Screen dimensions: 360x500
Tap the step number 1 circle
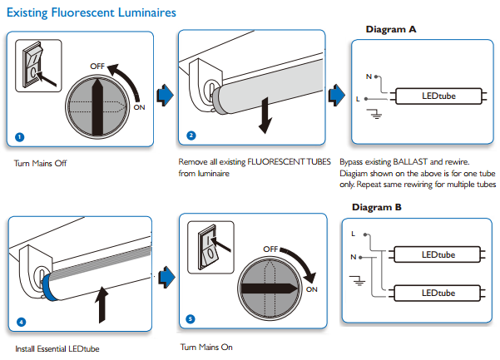(x=19, y=136)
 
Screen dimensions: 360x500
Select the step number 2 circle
(x=191, y=136)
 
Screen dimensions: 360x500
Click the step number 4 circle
(x=20, y=321)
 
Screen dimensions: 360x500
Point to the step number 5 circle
(x=191, y=319)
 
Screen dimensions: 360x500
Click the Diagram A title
(x=391, y=30)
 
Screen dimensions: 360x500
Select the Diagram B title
(x=376, y=207)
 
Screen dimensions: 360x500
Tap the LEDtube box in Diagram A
(x=438, y=97)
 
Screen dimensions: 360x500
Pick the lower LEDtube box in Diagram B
(x=438, y=293)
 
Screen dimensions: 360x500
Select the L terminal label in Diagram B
(x=354, y=234)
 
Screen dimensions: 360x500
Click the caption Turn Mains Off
(x=40, y=163)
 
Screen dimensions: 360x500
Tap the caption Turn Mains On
(x=206, y=346)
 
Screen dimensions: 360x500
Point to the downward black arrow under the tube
(x=265, y=114)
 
